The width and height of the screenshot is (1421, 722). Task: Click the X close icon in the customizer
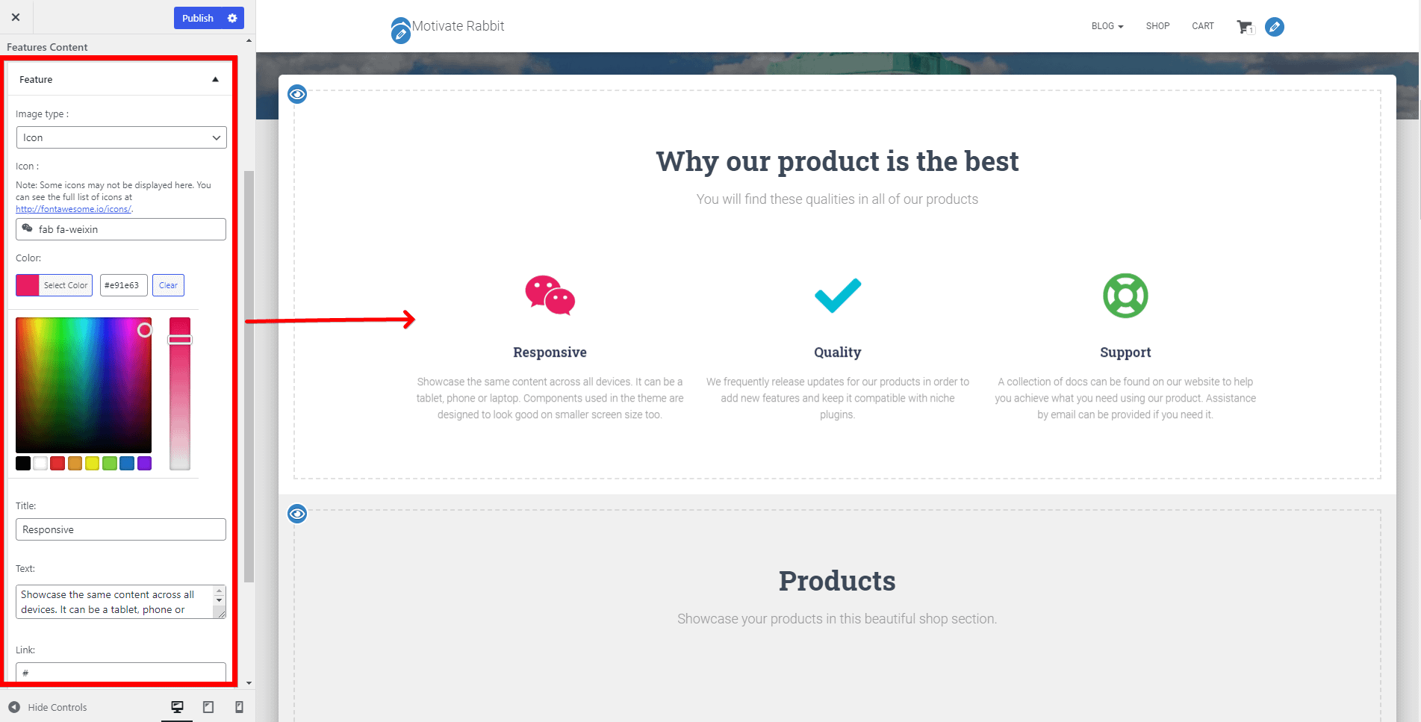16,17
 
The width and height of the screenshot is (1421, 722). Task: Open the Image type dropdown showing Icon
121,137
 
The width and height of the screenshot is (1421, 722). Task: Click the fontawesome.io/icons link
74,209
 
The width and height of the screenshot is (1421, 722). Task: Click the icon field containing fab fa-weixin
121,229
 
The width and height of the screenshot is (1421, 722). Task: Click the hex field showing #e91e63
123,285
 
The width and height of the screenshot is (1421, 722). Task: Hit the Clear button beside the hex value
168,285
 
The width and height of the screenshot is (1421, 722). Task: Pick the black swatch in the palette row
23,464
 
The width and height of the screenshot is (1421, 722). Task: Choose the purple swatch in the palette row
145,464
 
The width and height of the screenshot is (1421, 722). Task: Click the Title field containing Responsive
121,529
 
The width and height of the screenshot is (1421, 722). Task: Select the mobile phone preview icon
239,707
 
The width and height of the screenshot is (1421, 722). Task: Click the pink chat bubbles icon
550,295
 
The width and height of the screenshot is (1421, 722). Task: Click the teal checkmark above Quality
838,296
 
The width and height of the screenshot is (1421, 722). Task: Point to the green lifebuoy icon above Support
1125,296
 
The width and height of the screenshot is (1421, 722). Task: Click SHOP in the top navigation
1158,26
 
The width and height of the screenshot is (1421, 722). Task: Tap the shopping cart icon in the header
1246,27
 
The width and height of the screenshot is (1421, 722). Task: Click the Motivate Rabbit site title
458,26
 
